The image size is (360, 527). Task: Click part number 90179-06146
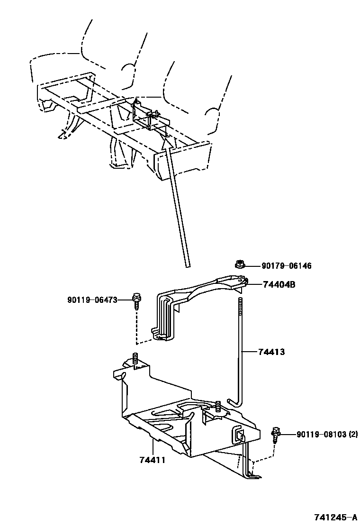284,266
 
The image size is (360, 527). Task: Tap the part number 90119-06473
92,299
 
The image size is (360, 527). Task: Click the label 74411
152,460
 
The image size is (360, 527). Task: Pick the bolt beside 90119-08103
275,434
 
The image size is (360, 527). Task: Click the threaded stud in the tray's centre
218,407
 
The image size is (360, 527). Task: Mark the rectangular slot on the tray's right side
238,435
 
